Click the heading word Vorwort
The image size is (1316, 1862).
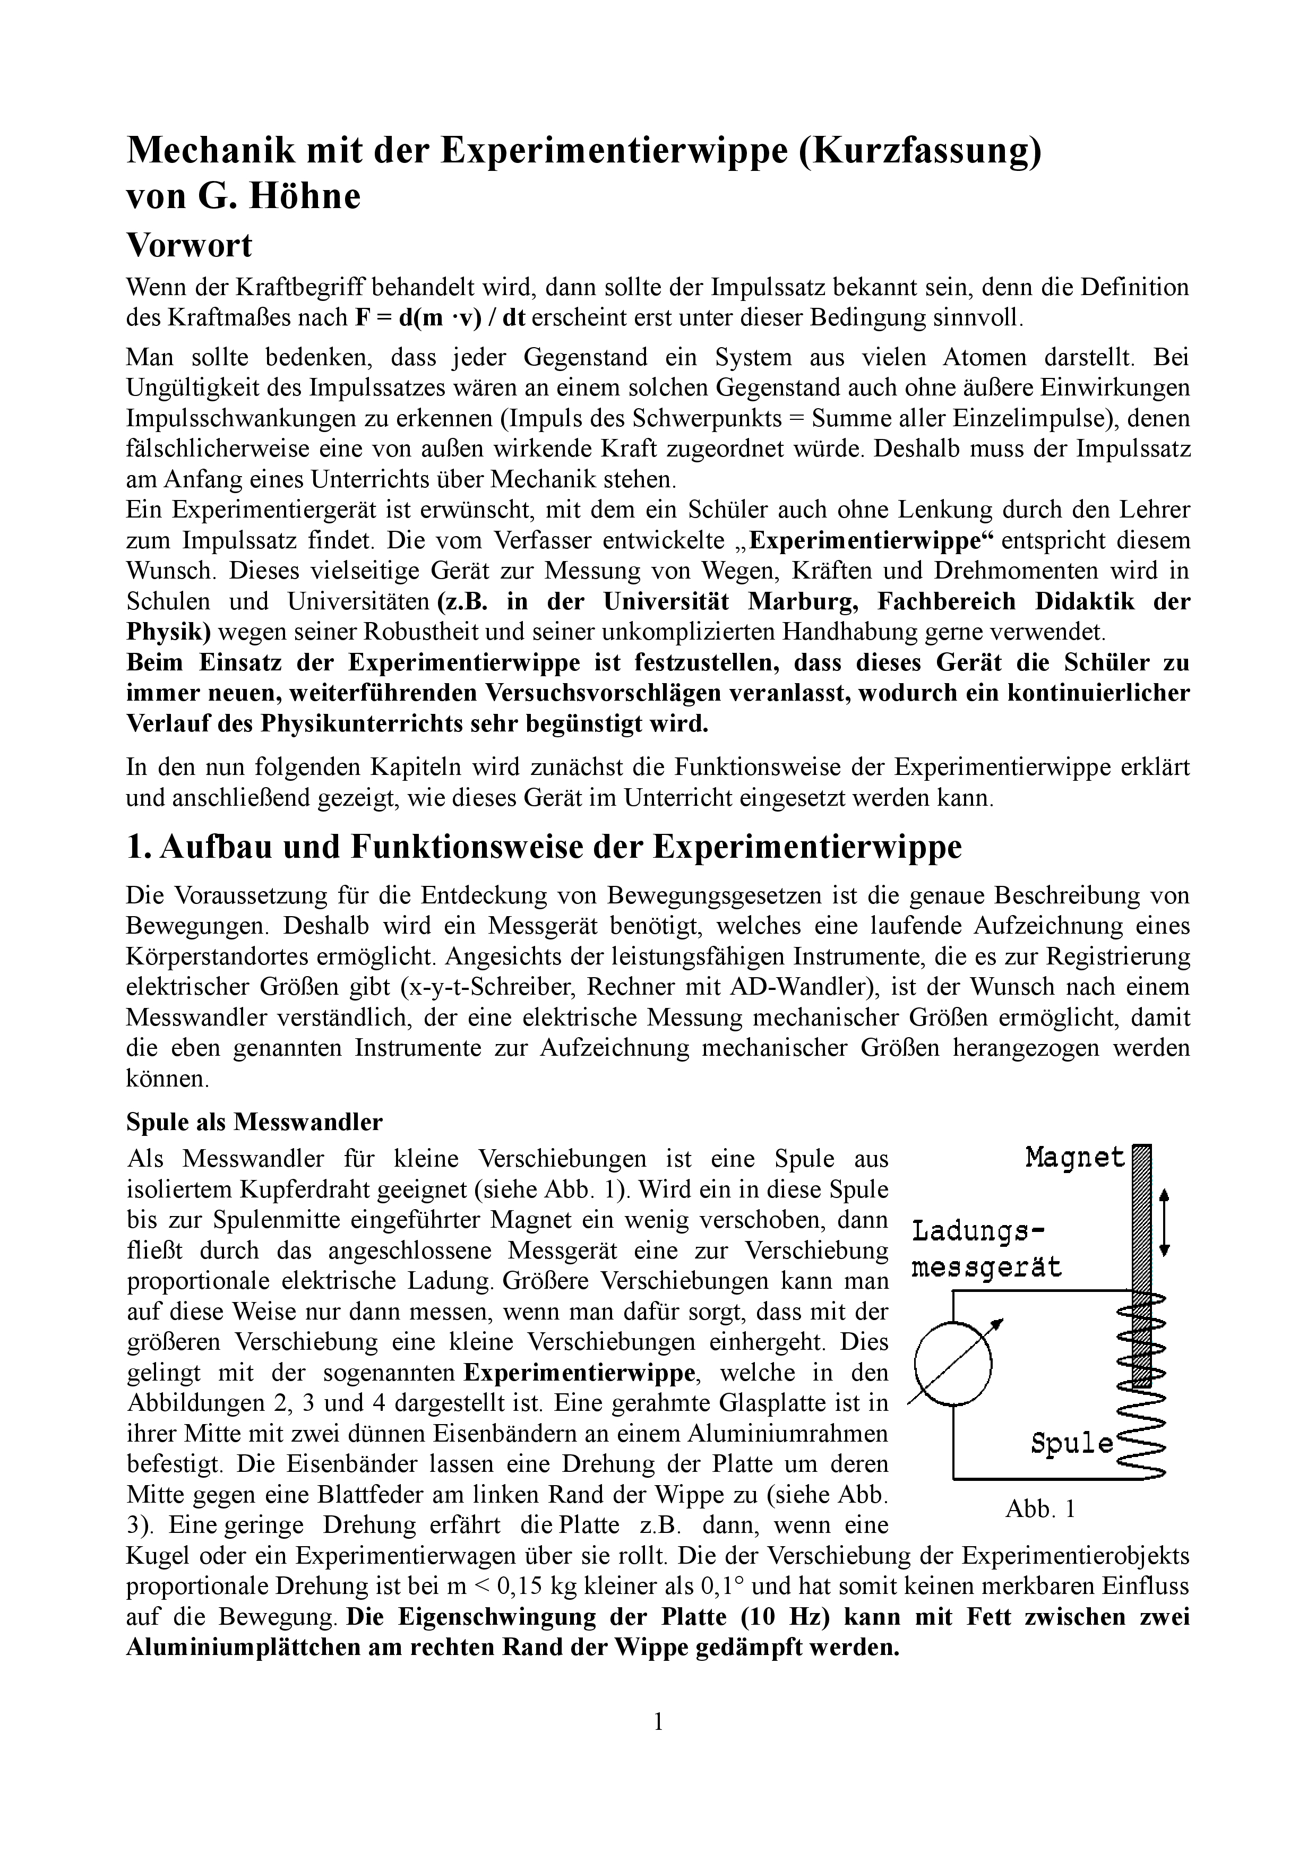pos(189,245)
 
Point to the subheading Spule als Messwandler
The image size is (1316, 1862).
pos(254,1123)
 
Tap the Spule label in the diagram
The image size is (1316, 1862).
pos(1072,1444)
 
